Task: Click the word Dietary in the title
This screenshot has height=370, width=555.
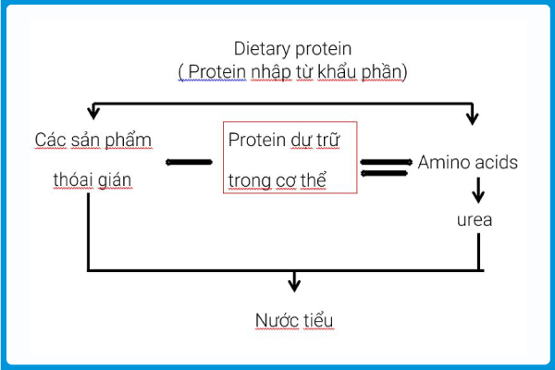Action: (x=262, y=49)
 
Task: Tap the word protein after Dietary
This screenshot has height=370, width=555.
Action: (x=323, y=50)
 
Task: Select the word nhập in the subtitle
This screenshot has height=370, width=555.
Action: (x=271, y=72)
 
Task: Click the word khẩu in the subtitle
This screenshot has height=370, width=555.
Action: (x=337, y=71)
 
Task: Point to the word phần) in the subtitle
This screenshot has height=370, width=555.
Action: (x=385, y=72)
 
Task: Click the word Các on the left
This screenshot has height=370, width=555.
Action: (x=51, y=140)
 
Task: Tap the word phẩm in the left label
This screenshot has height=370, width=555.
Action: (x=129, y=140)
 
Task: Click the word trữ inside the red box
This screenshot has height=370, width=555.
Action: (x=328, y=140)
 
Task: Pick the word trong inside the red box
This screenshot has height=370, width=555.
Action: (x=250, y=181)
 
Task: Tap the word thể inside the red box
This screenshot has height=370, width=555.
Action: (x=314, y=180)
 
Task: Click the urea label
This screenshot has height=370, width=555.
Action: (x=475, y=220)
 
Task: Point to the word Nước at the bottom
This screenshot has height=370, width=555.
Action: (x=277, y=320)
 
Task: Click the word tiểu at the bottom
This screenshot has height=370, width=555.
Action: (x=318, y=320)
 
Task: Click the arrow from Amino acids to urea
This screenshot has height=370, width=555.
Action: (x=478, y=191)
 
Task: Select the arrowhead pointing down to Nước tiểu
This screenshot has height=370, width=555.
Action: (x=294, y=285)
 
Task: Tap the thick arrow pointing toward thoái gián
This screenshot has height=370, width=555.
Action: (x=189, y=162)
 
